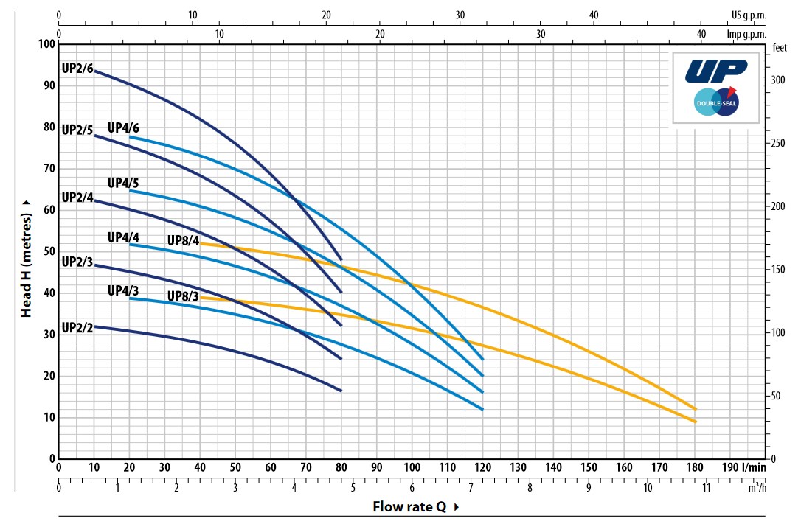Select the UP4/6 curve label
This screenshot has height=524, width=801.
pyautogui.click(x=123, y=127)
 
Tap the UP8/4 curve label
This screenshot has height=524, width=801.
pyautogui.click(x=183, y=240)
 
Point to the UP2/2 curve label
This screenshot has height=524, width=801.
pyautogui.click(x=77, y=328)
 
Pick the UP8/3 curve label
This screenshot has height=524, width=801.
pyautogui.click(x=183, y=296)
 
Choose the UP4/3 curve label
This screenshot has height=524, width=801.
pyautogui.click(x=123, y=290)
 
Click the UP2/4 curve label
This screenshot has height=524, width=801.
pyautogui.click(x=77, y=198)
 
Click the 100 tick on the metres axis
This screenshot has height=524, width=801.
pyautogui.click(x=46, y=44)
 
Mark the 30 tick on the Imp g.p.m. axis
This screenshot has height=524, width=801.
pyautogui.click(x=541, y=34)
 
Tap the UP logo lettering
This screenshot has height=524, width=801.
pyautogui.click(x=715, y=70)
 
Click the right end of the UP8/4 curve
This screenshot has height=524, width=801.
pyautogui.click(x=695, y=408)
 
